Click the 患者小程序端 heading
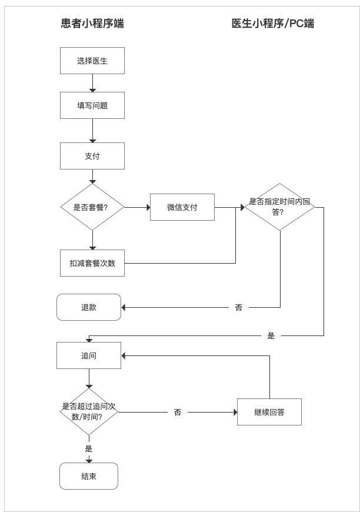pos(92,24)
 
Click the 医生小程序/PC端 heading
pos(273,24)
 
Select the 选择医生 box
pos(92,61)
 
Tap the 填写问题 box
pos(92,105)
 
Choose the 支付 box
pos(92,156)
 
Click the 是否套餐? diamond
pos(92,207)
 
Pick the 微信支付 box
pos(182,207)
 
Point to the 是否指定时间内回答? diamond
pos(280,207)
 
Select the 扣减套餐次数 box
pos(92,263)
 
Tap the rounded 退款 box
pos(89,307)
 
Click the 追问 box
pos(89,355)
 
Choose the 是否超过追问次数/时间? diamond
pos(89,412)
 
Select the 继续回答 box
pos(269,412)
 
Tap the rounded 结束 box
pos(89,476)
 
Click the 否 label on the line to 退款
pos(239,308)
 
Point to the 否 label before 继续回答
pos(178,413)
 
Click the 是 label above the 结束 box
pos(89,448)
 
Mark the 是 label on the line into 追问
pos(271,335)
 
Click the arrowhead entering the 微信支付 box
pos(148,207)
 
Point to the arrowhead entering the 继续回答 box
pos(236,413)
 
